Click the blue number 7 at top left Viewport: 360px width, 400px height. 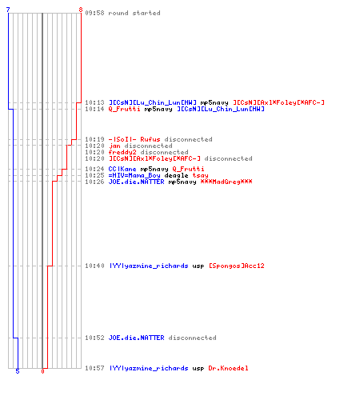[8, 10]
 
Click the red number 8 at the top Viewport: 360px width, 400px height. [81, 10]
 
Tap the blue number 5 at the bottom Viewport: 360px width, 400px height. [18, 371]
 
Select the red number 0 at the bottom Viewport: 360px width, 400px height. [42, 371]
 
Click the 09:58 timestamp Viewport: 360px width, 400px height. [94, 13]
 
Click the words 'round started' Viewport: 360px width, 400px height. [134, 13]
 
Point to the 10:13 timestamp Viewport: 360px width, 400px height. [94, 102]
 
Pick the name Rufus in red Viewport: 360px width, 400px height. [150, 139]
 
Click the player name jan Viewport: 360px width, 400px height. [114, 146]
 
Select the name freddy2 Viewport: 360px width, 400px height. [122, 152]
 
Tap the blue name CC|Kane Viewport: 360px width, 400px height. [122, 169]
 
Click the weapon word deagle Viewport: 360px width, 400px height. [177, 175]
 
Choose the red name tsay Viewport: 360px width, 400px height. [201, 175]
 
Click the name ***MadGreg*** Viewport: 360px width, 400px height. [226, 182]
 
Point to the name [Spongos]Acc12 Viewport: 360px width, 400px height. [237, 266]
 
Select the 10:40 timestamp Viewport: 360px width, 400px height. [94, 266]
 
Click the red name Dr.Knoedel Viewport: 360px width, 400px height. [228, 368]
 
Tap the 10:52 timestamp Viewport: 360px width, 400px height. [94, 338]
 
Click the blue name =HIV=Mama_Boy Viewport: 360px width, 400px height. [134, 175]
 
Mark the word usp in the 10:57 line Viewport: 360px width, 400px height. [198, 369]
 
